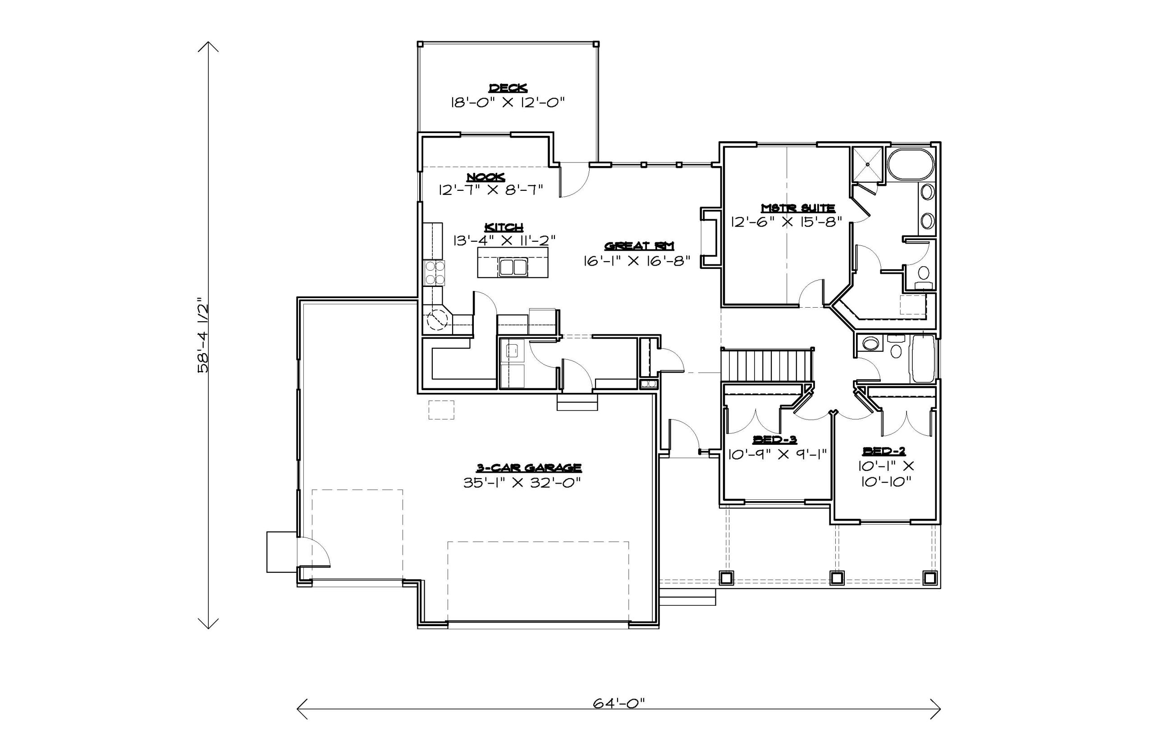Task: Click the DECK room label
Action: [x=508, y=88]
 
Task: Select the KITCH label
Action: [x=504, y=227]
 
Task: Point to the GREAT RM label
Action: [x=639, y=246]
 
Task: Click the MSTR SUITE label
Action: [x=798, y=208]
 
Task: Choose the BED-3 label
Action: [x=774, y=439]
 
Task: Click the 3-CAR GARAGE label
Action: [x=529, y=468]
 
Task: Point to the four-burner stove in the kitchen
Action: [x=434, y=272]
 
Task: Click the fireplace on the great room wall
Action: [x=710, y=237]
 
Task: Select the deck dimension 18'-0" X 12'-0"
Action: [x=508, y=102]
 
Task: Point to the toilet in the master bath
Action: [x=923, y=276]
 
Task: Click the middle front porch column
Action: [x=837, y=578]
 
